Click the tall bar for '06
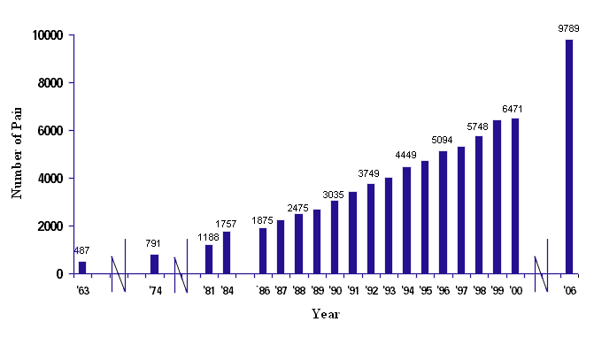pyautogui.click(x=569, y=157)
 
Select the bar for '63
pyautogui.click(x=82, y=267)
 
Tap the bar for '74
pyautogui.click(x=155, y=264)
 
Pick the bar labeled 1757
pyautogui.click(x=227, y=252)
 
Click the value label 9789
pyautogui.click(x=568, y=28)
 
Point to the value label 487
pyautogui.click(x=82, y=250)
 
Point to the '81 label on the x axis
pyautogui.click(x=208, y=291)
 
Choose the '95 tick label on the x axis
pyautogui.click(x=425, y=291)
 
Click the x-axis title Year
pyautogui.click(x=325, y=314)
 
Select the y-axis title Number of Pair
pyautogui.click(x=16, y=154)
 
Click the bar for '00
pyautogui.click(x=515, y=195)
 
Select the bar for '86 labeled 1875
pyautogui.click(x=263, y=250)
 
